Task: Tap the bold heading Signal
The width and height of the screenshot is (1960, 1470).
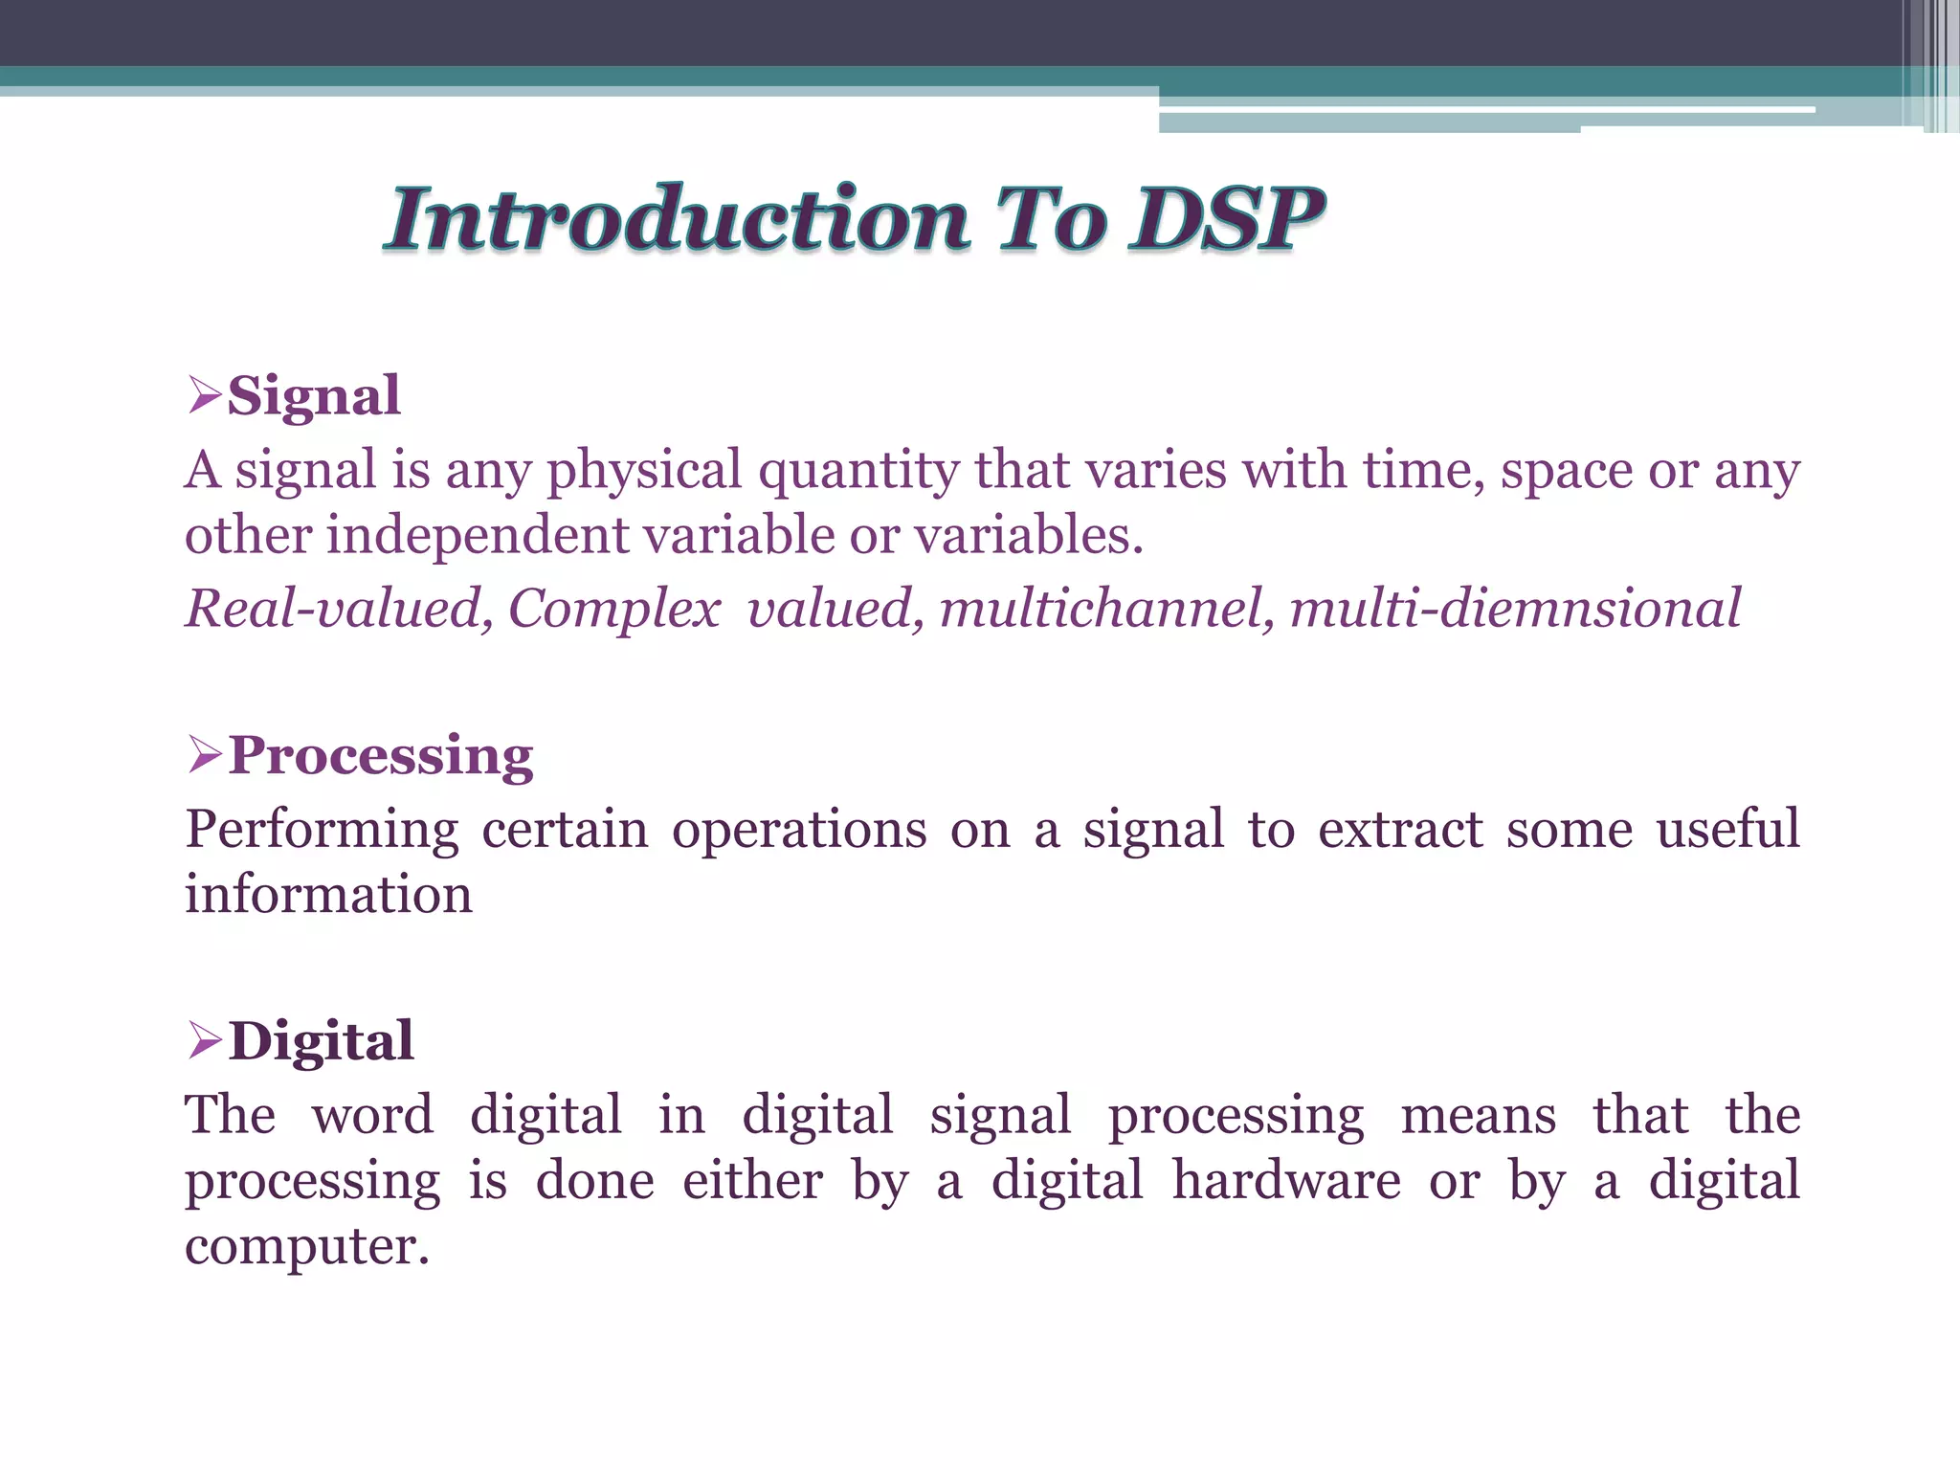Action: tap(314, 395)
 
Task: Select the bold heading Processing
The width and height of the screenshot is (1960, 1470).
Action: tap(381, 756)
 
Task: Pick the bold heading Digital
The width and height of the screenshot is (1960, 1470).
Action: tap(322, 1040)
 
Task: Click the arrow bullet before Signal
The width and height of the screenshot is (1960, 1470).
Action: tap(204, 394)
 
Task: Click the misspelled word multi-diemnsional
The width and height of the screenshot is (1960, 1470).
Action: tap(1515, 609)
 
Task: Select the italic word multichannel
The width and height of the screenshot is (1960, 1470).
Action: tap(1105, 609)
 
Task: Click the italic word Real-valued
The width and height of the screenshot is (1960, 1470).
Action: tap(338, 609)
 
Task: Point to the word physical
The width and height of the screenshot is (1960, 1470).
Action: tap(644, 471)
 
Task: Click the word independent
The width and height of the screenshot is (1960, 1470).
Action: tap(478, 535)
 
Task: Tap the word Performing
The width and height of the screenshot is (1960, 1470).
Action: tap(322, 830)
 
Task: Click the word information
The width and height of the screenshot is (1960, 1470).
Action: tap(328, 894)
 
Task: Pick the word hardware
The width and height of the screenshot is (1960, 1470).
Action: tap(1286, 1180)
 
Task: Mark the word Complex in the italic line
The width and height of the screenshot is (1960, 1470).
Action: tap(613, 609)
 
